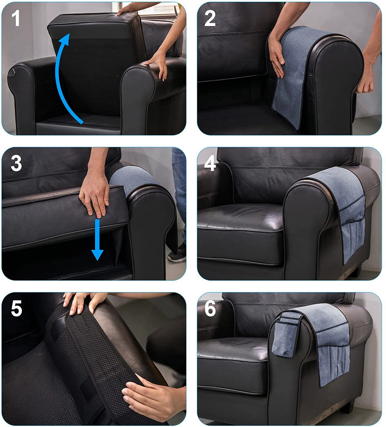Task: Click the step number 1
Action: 16,18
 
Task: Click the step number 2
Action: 210,18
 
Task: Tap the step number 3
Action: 16,163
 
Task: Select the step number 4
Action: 210,163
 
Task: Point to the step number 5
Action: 16,308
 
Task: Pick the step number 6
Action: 210,308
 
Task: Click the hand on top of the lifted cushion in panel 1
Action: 124,10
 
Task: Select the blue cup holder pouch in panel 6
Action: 285,334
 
